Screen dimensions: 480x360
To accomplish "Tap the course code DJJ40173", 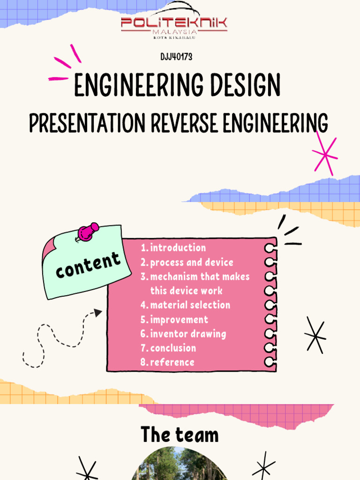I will [x=176, y=57].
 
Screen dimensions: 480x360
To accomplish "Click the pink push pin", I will [x=87, y=232].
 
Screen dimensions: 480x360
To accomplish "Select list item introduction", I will [x=178, y=247].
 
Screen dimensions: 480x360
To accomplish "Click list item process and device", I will [x=191, y=262].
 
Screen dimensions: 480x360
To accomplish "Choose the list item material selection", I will [x=190, y=305].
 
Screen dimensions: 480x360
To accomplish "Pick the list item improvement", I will [x=179, y=320].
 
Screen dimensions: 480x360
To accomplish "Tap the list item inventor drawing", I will [x=188, y=334].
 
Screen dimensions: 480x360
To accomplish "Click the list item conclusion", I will [x=173, y=348].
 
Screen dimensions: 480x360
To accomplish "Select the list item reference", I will [x=172, y=362].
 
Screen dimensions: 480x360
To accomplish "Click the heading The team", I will [x=180, y=435].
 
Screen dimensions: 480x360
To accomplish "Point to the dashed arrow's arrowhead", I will [x=97, y=313].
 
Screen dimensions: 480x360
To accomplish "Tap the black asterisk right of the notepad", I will [x=315, y=335].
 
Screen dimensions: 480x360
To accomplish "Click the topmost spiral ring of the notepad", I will [x=270, y=247].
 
